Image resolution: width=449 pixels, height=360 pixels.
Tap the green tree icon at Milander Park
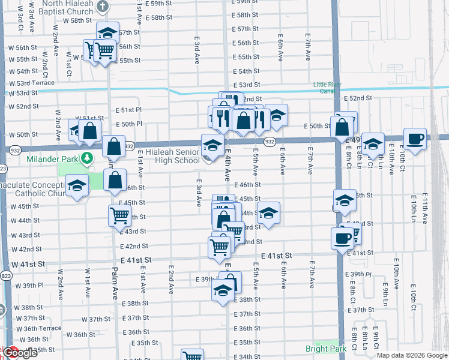[x=88, y=158]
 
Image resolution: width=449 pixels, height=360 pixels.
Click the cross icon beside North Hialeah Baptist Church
[x=103, y=7]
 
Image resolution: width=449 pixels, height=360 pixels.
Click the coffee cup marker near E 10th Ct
[x=415, y=139]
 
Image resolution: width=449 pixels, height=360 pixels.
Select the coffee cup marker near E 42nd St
[x=342, y=238]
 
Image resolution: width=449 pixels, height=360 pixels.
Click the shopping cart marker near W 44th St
[x=119, y=215]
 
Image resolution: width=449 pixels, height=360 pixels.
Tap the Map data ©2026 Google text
[x=412, y=355]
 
